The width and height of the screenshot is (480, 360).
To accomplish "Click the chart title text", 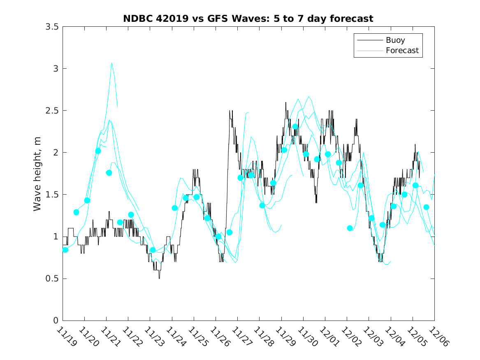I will [x=248, y=19].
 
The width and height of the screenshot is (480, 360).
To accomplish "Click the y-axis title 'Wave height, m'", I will [x=37, y=174].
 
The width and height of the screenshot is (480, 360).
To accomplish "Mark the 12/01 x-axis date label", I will [x=329, y=337].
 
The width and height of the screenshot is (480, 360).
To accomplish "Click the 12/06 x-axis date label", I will [x=438, y=337].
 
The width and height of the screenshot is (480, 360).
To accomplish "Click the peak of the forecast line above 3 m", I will [x=111, y=63].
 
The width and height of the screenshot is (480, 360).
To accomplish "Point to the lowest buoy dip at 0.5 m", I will [x=159, y=278].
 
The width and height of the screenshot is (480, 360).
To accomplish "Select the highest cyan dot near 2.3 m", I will [x=295, y=127].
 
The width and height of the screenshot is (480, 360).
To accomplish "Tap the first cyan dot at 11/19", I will [x=65, y=250].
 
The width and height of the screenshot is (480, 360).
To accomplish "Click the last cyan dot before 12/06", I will [x=426, y=207].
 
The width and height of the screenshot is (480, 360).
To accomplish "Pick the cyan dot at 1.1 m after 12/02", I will [x=350, y=228].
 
